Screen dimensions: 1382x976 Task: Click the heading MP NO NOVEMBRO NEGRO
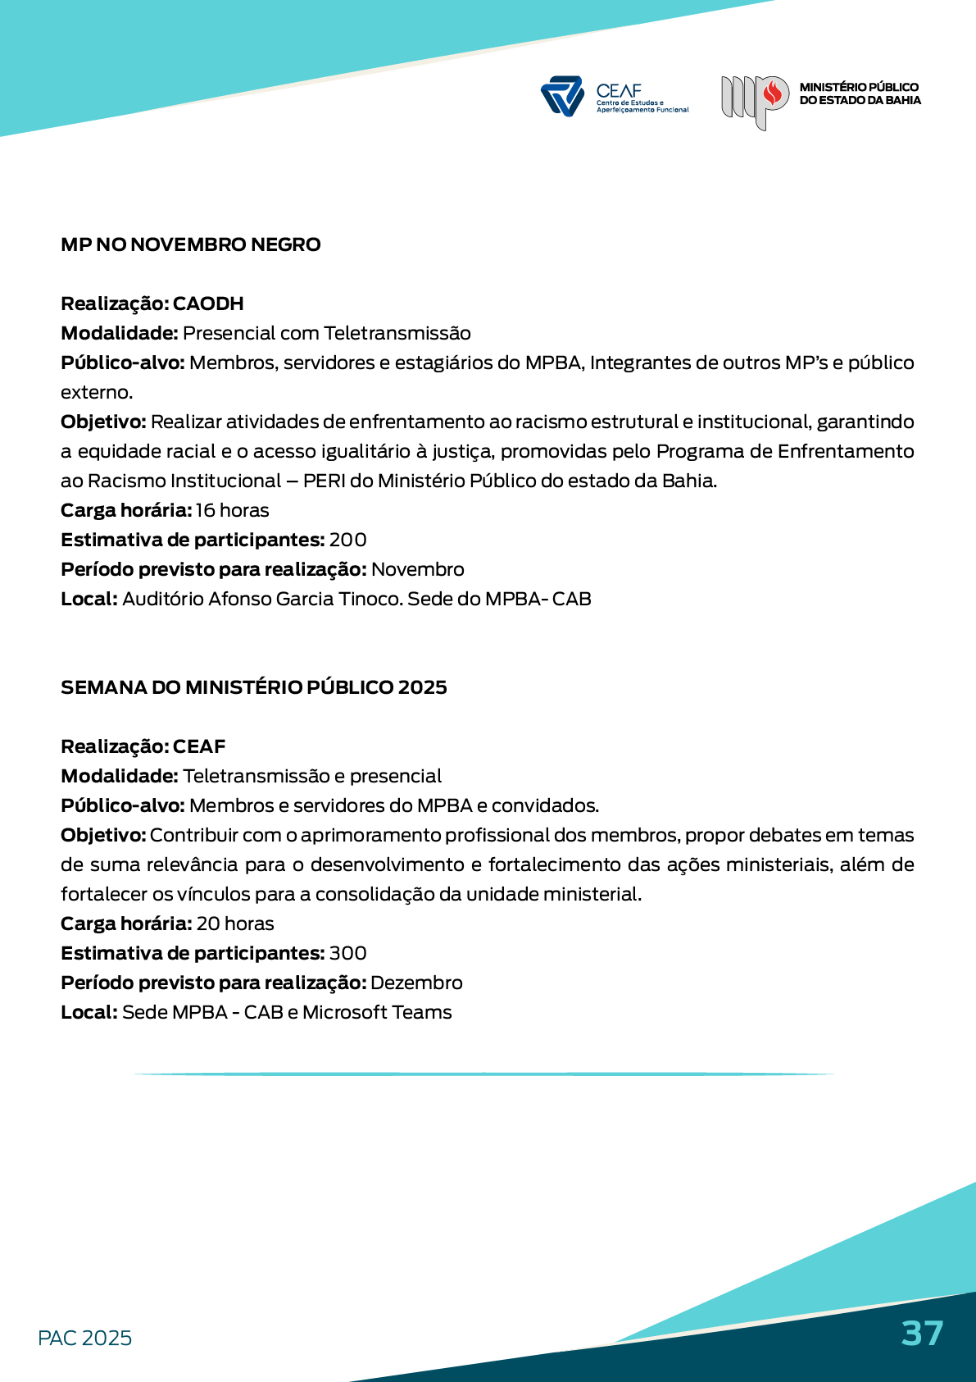[190, 244]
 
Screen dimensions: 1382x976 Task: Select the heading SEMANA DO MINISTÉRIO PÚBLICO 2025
[253, 687]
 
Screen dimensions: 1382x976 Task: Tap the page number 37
[922, 1334]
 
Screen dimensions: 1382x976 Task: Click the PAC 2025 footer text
[84, 1338]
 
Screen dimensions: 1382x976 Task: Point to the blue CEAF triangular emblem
[562, 96]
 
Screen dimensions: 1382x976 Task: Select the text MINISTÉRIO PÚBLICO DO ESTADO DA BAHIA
[860, 94]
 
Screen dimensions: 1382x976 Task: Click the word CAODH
[208, 303]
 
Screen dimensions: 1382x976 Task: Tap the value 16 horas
[232, 510]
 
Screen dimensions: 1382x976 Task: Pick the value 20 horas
[235, 924]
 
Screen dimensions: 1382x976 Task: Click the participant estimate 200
[347, 540]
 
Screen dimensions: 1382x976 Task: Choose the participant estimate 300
[347, 953]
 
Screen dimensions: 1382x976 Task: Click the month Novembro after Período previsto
[418, 569]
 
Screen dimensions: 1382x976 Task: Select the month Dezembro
[416, 983]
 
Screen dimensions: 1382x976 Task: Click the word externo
[96, 392]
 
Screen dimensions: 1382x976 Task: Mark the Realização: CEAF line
[143, 746]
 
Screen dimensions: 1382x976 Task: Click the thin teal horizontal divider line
[483, 1074]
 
